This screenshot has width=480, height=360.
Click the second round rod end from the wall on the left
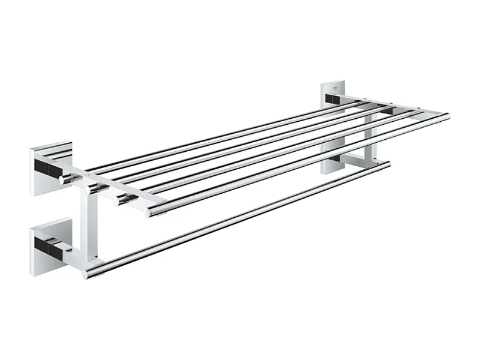point(94,188)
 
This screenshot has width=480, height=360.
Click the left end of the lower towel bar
point(88,274)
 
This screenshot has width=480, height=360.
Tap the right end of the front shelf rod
point(445,116)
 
